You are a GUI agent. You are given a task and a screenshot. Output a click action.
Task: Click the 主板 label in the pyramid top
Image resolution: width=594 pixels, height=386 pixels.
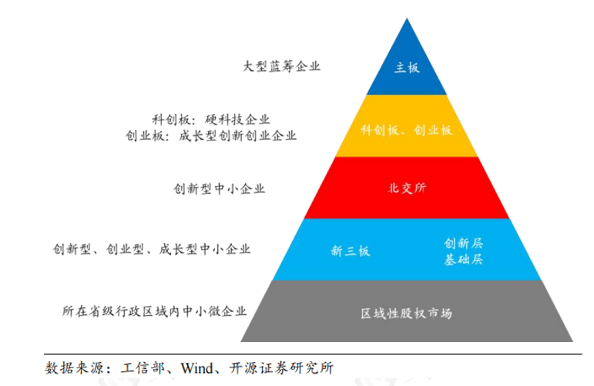(x=407, y=68)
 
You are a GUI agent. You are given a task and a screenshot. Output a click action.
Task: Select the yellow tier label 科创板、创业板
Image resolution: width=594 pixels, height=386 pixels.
(x=407, y=130)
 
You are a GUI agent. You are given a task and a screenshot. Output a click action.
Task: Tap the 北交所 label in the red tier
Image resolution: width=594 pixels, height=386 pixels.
(x=407, y=188)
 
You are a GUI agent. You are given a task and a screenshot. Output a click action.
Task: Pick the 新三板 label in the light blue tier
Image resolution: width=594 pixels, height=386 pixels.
(x=351, y=250)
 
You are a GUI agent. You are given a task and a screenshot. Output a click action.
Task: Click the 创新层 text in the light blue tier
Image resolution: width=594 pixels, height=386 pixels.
(x=463, y=243)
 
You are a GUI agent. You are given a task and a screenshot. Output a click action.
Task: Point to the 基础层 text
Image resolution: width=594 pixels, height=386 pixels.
(x=463, y=259)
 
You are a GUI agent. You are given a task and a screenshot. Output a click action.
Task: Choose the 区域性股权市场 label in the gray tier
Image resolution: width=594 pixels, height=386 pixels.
(x=407, y=313)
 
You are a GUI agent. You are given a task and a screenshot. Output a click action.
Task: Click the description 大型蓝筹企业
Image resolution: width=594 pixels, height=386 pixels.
(x=281, y=66)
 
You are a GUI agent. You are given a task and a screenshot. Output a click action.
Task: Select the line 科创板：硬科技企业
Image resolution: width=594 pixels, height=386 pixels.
(x=211, y=120)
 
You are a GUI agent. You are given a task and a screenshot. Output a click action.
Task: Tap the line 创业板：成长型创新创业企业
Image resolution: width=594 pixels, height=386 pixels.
(x=211, y=136)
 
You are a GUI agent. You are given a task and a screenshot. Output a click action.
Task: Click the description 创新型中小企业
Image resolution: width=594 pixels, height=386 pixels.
(x=219, y=188)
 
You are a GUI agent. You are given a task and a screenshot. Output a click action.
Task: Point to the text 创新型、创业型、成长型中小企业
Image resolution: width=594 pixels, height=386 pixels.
(x=152, y=249)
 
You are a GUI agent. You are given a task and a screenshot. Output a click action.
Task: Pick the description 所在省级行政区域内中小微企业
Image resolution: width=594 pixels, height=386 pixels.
(x=154, y=311)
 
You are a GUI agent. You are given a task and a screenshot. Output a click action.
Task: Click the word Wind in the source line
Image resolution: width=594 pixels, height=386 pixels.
(x=197, y=367)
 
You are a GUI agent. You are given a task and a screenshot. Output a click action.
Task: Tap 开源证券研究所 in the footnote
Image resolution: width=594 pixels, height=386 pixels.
(x=281, y=367)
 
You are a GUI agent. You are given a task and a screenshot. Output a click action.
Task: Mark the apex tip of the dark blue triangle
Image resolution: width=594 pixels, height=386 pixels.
(x=407, y=19)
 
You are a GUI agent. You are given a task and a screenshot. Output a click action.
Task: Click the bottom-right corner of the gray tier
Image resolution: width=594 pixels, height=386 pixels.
(x=572, y=341)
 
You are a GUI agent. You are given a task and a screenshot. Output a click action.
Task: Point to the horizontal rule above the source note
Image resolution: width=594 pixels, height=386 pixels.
(x=313, y=354)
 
